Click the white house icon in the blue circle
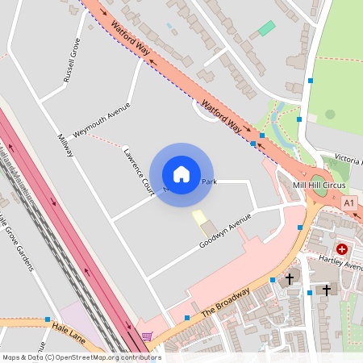pyautogui.click(x=181, y=174)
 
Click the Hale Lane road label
pyautogui.click(x=69, y=328)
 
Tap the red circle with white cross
pyautogui.click(x=343, y=250)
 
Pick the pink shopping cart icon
pyautogui.click(x=146, y=336)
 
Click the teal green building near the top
pyautogui.click(x=266, y=28)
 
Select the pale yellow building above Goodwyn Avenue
pyautogui.click(x=198, y=217)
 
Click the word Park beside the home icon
pyautogui.click(x=210, y=181)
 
